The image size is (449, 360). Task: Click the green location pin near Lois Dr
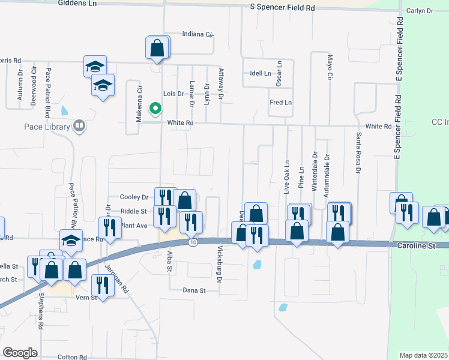155,109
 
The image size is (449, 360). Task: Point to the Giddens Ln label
78,3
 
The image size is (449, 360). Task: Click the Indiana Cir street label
198,34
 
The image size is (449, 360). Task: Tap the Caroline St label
415,246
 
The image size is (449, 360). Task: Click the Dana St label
194,290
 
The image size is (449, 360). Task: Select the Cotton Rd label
73,357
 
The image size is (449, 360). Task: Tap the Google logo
20,352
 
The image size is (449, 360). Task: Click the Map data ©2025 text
424,355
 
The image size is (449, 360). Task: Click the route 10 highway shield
192,242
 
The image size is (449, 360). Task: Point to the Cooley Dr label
134,197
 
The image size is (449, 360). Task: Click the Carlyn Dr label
420,11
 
